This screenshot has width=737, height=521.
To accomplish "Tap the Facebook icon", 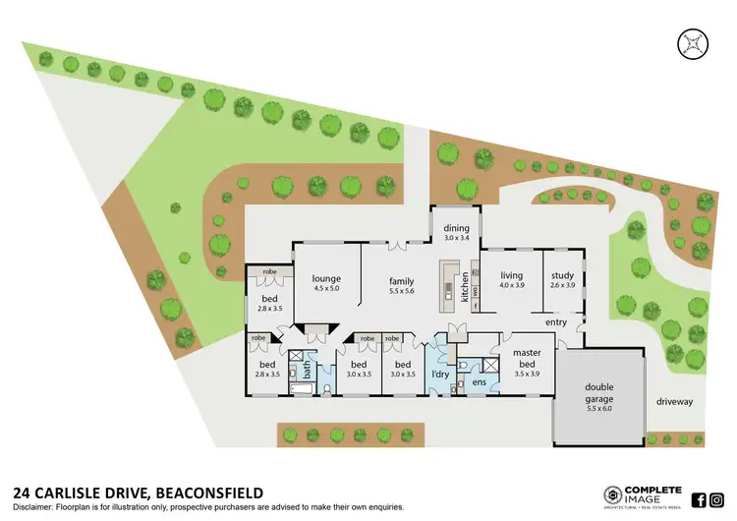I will tap(700, 498).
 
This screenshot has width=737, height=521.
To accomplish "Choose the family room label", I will tap(402, 281).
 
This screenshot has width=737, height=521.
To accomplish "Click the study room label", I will tap(562, 275).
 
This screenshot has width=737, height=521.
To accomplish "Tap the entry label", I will tap(556, 321).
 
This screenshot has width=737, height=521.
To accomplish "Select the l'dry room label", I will tap(439, 375).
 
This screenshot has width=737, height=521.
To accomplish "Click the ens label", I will tap(480, 381).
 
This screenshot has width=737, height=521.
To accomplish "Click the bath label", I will tap(307, 372).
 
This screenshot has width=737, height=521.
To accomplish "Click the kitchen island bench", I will tap(447, 285).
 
